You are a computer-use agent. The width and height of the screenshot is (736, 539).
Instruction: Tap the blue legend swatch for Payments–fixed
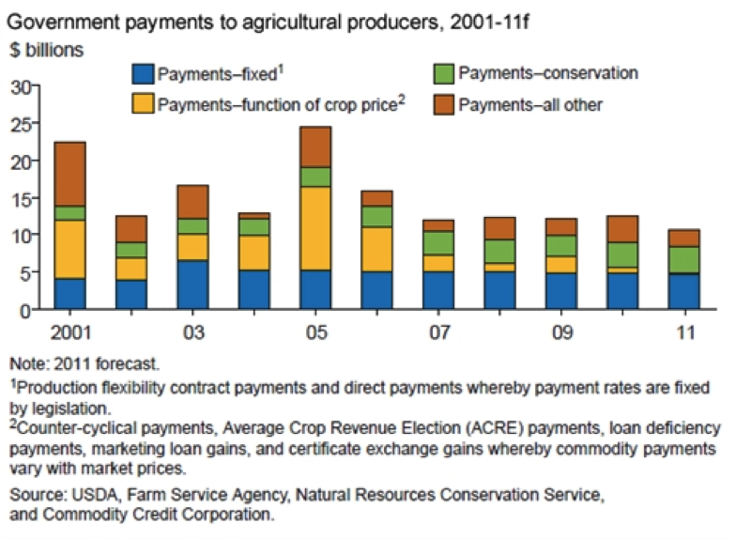coord(143,74)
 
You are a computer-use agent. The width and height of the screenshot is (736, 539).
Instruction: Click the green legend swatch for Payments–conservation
coord(444,74)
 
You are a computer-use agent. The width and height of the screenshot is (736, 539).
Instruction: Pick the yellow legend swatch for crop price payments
coord(143,104)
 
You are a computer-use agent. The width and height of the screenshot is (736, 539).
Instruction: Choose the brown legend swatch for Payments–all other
coord(444,104)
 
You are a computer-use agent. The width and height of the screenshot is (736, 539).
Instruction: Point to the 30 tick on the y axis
coord(22,87)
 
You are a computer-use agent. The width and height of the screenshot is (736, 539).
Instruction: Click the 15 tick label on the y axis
coord(22,198)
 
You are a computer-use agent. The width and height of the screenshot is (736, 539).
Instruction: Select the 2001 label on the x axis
coord(70,334)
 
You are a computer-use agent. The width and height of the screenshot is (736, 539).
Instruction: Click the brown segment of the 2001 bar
coord(70,174)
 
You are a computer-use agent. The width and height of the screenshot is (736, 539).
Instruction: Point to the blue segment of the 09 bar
coord(560,290)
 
